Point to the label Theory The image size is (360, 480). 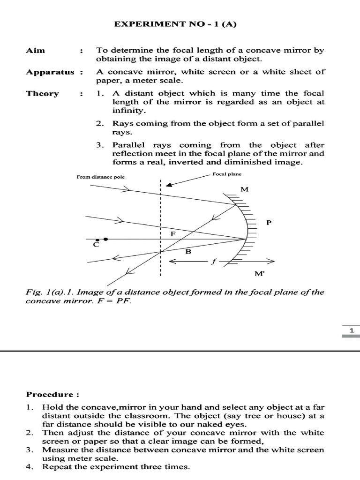click(x=42, y=94)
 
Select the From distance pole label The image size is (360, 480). click(x=100, y=177)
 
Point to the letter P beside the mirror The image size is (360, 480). click(x=269, y=223)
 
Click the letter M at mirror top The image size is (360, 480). click(x=244, y=189)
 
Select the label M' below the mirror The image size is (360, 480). click(x=260, y=273)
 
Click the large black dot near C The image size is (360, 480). click(x=106, y=239)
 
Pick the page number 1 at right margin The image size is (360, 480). click(x=351, y=331)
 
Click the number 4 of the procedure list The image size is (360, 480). click(x=29, y=467)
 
